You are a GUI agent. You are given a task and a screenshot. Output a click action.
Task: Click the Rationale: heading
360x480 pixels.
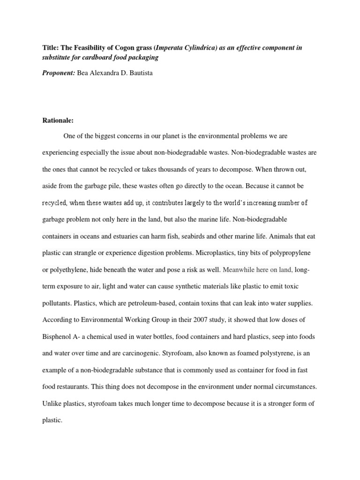58,120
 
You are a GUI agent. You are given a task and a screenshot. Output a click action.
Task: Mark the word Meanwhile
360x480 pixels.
240,270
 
